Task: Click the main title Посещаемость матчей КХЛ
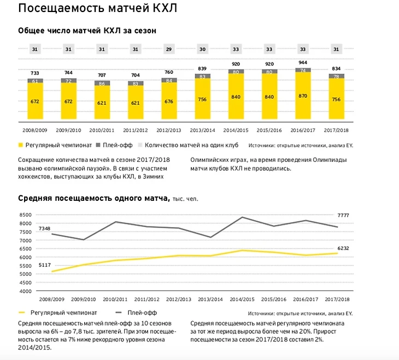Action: click(97, 9)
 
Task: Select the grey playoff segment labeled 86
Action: click(101, 83)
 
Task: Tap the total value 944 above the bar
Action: click(302, 63)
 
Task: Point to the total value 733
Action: click(35, 74)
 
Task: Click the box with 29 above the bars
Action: click(168, 50)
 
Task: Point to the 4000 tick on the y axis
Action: click(26, 291)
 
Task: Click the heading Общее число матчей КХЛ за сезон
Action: click(87, 31)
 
